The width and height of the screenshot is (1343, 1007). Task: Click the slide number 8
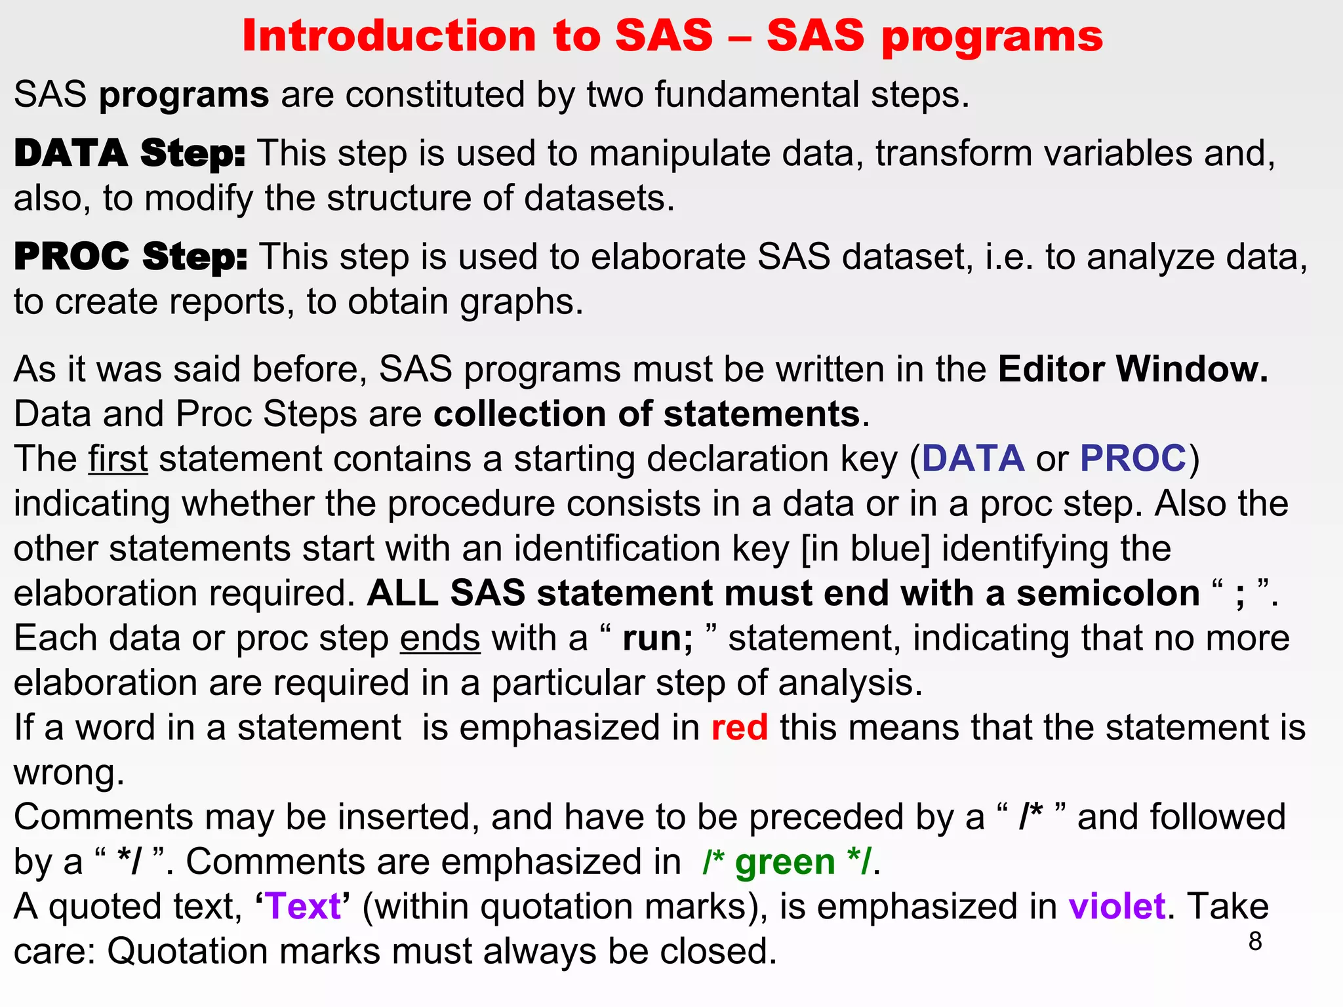[x=1254, y=941]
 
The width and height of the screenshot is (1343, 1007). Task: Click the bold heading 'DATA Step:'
[x=129, y=154]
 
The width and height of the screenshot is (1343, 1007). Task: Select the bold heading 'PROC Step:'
[x=130, y=256]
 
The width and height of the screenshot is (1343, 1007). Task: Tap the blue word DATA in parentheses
[x=973, y=458]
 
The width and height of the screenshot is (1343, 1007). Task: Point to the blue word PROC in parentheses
[x=1133, y=458]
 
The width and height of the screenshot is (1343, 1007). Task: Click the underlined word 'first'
[x=118, y=459]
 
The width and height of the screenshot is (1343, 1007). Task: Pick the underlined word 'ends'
[x=440, y=638]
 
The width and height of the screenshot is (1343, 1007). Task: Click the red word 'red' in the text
[x=740, y=728]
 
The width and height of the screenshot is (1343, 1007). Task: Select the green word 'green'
[x=785, y=862]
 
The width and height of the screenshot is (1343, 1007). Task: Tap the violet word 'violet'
[x=1117, y=907]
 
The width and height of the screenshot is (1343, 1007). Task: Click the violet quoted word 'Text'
[x=304, y=907]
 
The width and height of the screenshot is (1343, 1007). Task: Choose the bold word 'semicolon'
[x=1108, y=593]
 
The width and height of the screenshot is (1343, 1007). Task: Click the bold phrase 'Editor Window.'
[x=1133, y=369]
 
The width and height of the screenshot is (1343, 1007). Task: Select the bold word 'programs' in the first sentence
[x=184, y=95]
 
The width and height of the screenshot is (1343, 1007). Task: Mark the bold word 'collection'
[x=542, y=414]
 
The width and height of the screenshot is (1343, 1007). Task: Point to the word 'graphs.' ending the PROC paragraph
[x=521, y=303]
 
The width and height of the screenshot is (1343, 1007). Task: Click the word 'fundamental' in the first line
[x=756, y=95]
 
